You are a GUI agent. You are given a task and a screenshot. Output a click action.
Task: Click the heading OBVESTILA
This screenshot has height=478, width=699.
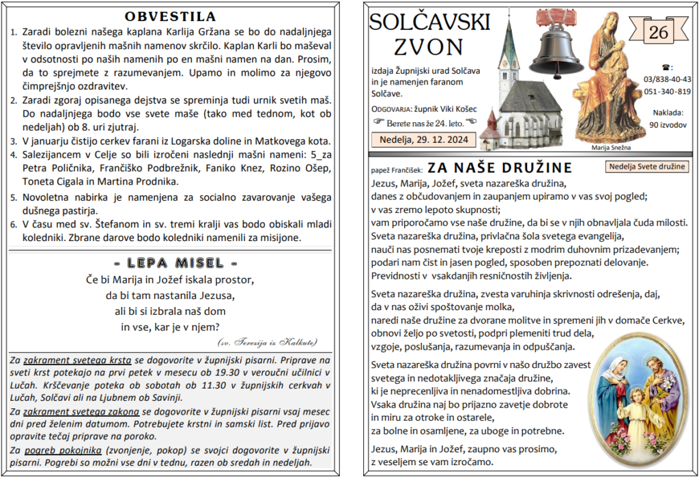[171, 16]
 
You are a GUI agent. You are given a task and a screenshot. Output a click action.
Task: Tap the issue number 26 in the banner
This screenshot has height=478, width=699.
[659, 32]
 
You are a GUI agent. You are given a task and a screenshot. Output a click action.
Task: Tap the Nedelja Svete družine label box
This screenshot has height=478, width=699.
[646, 167]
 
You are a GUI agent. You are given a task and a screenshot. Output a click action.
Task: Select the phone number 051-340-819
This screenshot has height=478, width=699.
[667, 92]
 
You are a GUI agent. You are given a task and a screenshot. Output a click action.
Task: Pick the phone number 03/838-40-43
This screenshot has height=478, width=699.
[667, 79]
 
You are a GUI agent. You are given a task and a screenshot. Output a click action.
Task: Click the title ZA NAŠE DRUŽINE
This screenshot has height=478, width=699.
[500, 168]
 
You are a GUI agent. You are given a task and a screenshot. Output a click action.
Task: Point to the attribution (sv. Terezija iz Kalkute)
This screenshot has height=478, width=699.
[267, 341]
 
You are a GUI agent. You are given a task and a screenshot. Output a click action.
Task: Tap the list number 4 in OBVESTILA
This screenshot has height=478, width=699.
[14, 155]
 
